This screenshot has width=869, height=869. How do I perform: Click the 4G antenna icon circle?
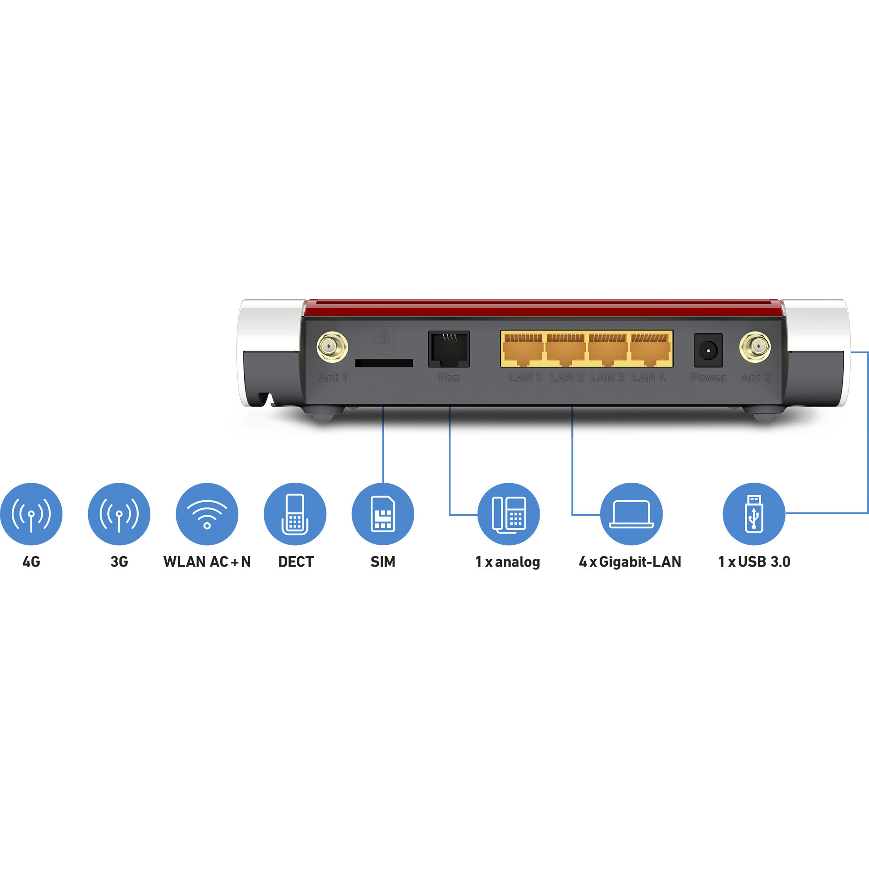pos(31,514)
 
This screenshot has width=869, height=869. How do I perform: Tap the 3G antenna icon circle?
pos(119,514)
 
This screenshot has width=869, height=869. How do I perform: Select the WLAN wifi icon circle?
pos(207,514)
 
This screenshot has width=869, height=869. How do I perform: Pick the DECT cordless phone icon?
pos(295,514)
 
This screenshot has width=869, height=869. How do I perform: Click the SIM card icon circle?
pos(383,514)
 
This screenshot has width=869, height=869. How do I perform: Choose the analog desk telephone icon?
pos(509,514)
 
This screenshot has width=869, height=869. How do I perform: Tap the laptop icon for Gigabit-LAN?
pos(631,514)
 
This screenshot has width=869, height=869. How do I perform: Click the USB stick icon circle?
pos(754,514)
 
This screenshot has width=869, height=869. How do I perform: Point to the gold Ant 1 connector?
pos(332,347)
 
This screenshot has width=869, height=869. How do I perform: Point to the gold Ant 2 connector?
pos(755,347)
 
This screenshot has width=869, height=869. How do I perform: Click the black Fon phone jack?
pos(449,349)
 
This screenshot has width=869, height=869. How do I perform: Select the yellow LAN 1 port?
pos(524,349)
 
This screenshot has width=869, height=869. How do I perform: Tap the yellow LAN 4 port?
pos(650,349)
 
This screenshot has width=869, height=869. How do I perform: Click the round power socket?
pos(709,350)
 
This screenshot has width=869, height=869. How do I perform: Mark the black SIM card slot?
pos(384,363)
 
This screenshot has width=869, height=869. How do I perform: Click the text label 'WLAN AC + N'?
pos(207,562)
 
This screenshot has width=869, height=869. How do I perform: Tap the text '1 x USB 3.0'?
pos(754,562)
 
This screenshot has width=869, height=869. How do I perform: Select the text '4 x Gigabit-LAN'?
pos(630,562)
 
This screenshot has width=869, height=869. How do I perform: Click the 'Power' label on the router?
pos(709,378)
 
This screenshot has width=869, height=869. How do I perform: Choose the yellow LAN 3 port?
pos(608,349)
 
